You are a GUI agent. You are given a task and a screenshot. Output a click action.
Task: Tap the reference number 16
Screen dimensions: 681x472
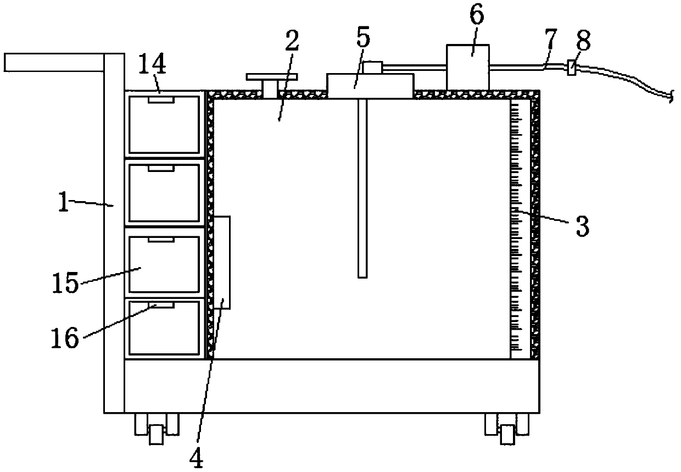(65, 338)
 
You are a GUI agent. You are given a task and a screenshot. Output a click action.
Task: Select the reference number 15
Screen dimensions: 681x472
(65, 286)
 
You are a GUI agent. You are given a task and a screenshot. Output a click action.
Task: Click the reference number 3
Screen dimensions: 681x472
(582, 226)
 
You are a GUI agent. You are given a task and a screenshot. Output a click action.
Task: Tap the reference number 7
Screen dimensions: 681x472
(550, 40)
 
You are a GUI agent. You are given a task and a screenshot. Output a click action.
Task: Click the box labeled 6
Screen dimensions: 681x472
(467, 68)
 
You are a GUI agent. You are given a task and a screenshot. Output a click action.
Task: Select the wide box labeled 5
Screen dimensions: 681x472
(370, 86)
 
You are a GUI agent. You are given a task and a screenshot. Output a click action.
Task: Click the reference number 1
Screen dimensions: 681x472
(65, 204)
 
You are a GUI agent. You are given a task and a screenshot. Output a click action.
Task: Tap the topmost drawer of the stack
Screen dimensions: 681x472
(164, 124)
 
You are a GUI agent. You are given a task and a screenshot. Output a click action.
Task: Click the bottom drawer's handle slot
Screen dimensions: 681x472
(165, 304)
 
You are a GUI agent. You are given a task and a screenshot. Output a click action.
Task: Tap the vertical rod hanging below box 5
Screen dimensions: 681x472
(361, 187)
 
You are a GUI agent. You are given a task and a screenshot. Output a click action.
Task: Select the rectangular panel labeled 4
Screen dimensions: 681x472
(222, 262)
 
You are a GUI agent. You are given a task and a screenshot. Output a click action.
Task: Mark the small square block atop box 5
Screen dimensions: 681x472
(372, 67)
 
